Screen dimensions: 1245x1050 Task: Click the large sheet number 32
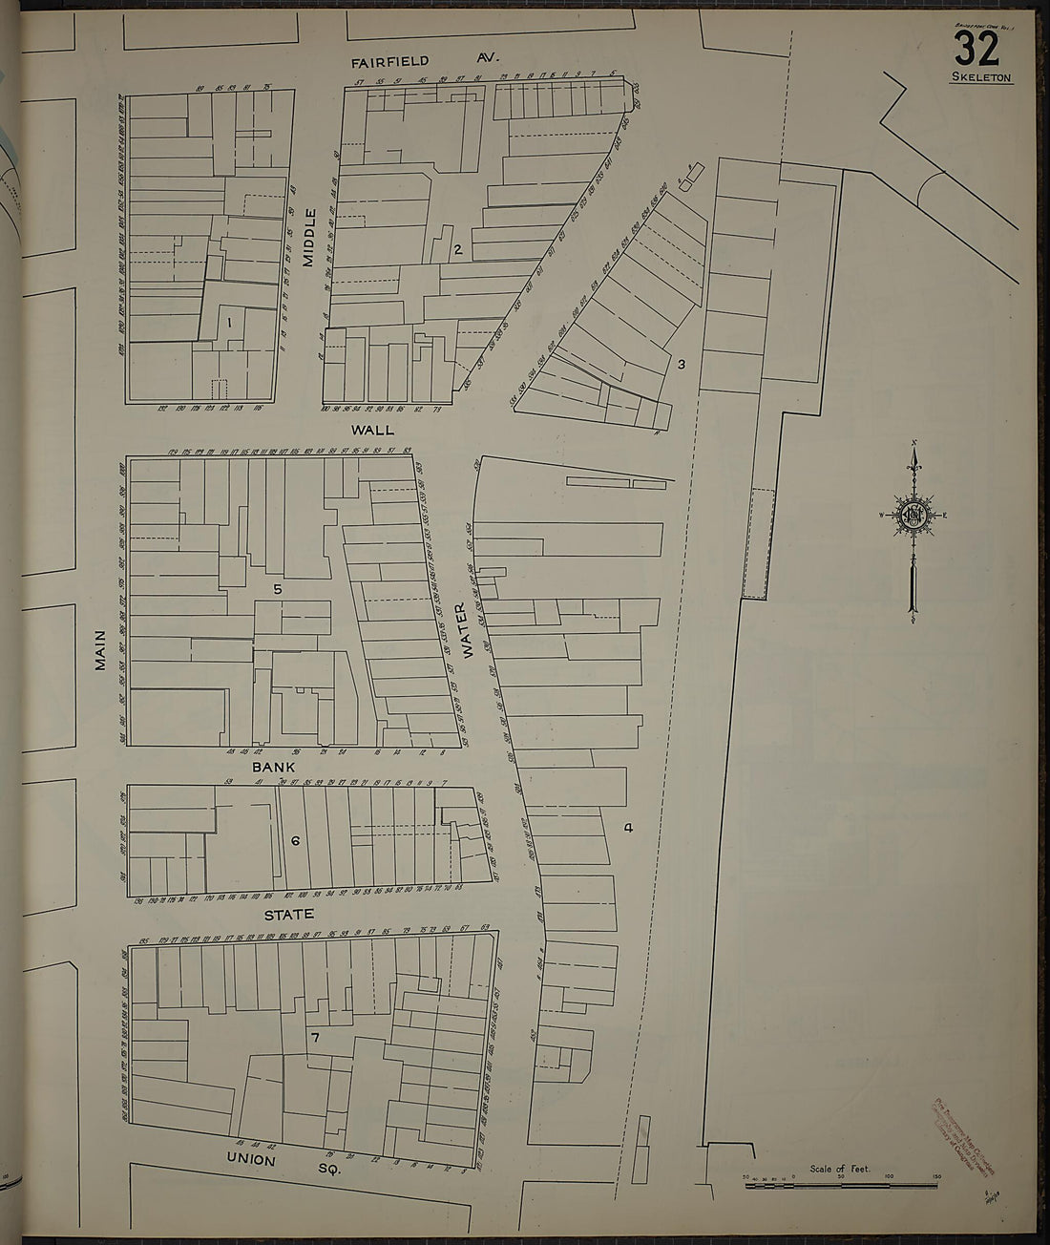point(976,48)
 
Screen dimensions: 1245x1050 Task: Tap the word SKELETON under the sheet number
point(981,78)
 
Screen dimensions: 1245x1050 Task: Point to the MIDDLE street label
point(309,241)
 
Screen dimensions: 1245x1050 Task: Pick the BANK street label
point(274,767)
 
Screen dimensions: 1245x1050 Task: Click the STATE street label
point(289,914)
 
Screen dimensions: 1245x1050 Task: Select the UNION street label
point(251,1159)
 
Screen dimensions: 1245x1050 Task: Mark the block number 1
point(230,323)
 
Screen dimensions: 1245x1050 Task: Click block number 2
point(458,250)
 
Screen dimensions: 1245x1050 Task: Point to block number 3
point(681,364)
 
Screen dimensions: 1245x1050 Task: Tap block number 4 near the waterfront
point(627,828)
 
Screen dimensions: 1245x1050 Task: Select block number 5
point(278,589)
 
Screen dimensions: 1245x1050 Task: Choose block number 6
point(295,841)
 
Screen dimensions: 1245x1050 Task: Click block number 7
point(313,1036)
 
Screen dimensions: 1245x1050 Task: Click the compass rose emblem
point(913,516)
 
